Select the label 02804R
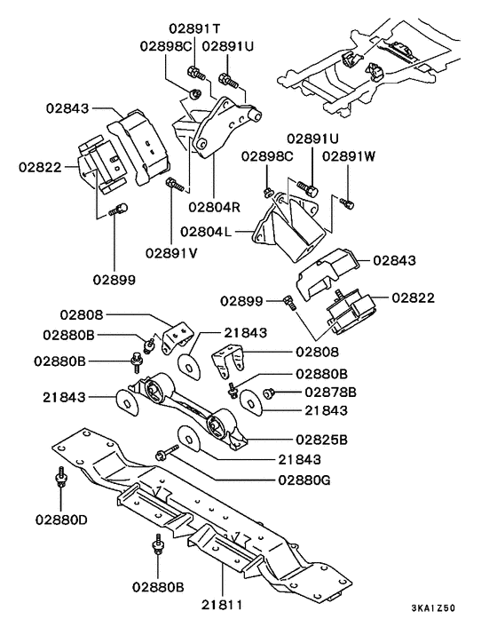pos(213,206)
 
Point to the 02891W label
pos(350,156)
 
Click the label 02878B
pos(330,391)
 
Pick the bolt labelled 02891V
pos(175,186)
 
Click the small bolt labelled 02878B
pos(267,392)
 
